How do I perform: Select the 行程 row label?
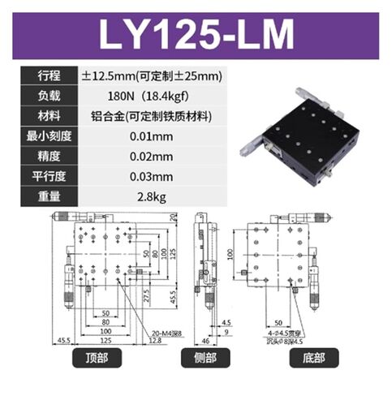(48, 76)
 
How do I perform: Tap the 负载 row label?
(48, 96)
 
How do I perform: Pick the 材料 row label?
(48, 116)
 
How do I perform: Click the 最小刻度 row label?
(48, 136)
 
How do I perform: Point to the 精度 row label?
(48, 155)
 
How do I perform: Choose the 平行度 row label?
(48, 174)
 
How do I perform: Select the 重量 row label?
(48, 195)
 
